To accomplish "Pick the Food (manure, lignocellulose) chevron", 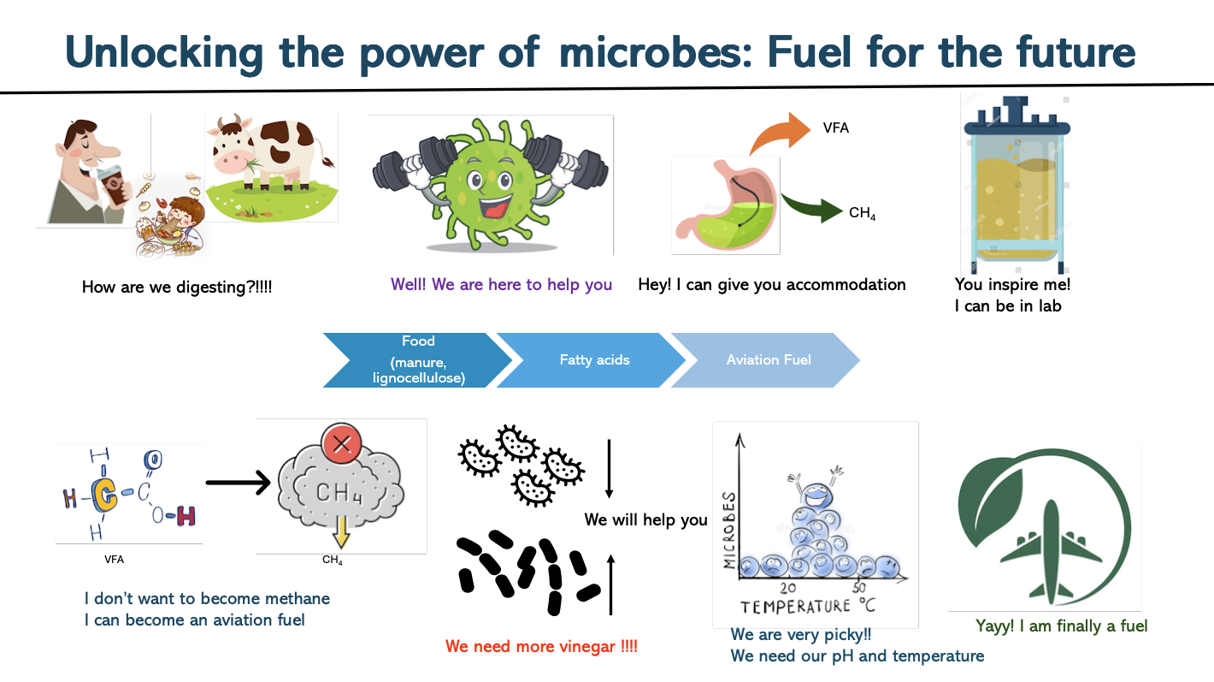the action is coord(417,360).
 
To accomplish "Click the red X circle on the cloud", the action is coord(341,444).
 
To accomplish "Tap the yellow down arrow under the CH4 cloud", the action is coord(341,532).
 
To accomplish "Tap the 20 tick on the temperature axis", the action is coord(788,588).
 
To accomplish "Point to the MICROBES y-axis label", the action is coord(729,531).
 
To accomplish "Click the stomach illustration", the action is coord(726,205).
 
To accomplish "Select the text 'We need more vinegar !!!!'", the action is coord(541,646).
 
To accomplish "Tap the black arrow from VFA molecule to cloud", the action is coord(238,483).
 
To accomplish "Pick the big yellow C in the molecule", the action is coord(104,495).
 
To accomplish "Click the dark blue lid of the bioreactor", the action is coord(1017,117).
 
